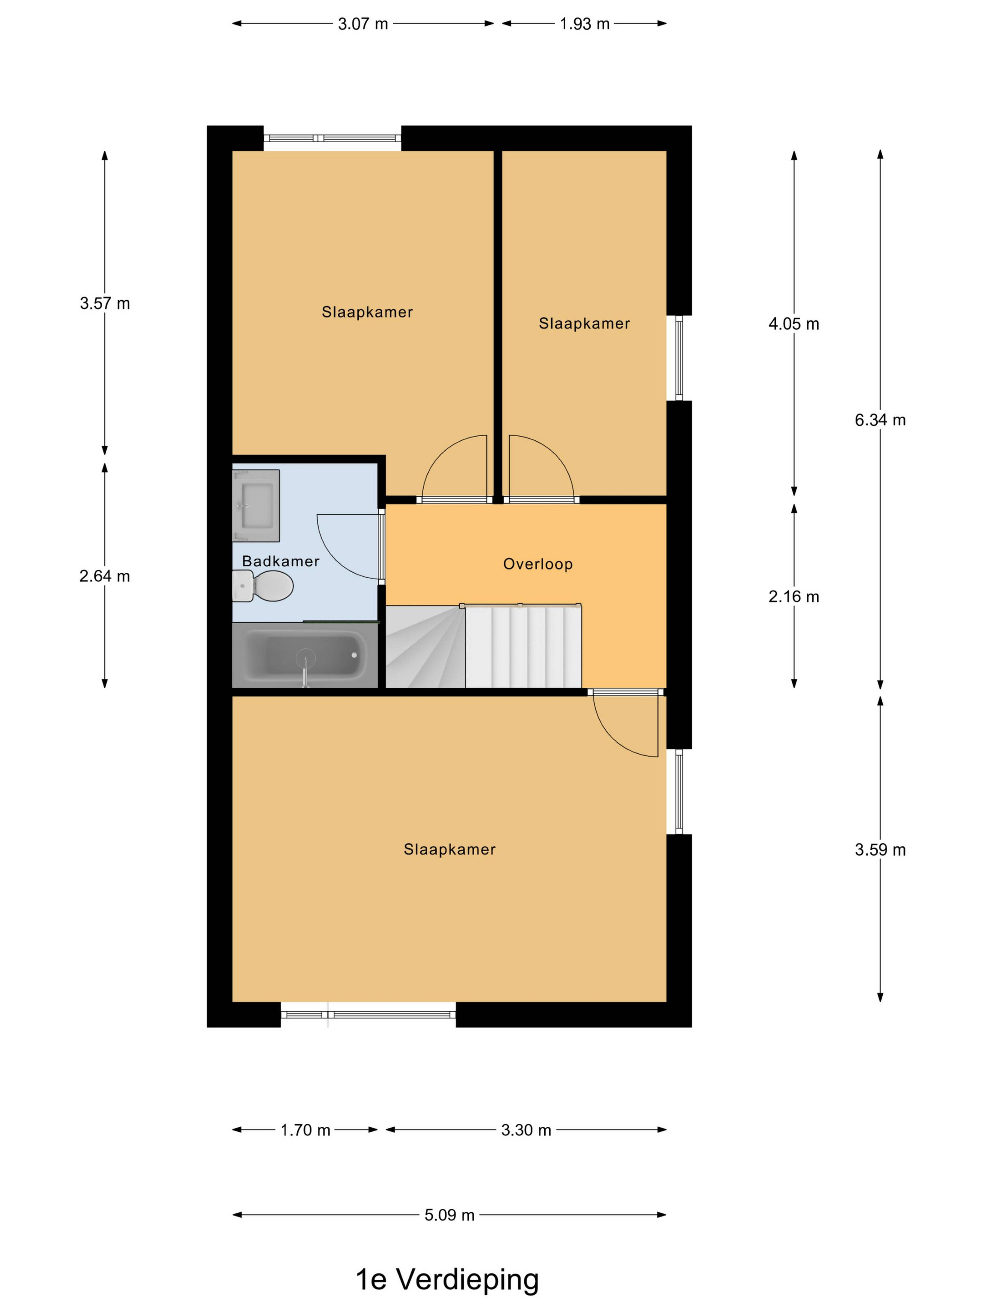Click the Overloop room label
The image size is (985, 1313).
(538, 564)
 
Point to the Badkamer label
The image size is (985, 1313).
(281, 561)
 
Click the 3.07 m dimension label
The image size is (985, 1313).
(363, 24)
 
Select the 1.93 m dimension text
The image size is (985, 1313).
(585, 24)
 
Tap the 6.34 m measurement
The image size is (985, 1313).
(880, 420)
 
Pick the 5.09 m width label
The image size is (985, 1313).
(449, 1215)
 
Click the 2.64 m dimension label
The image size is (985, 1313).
(104, 576)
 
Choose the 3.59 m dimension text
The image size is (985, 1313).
(880, 850)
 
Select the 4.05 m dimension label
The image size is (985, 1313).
(794, 324)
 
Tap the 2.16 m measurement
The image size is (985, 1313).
(794, 596)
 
